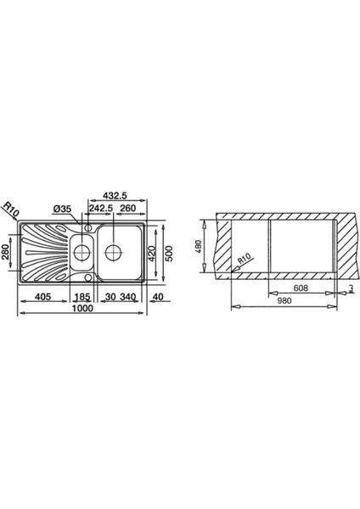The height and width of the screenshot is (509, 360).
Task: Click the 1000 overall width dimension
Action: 82,308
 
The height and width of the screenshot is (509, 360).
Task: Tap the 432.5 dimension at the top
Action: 115,195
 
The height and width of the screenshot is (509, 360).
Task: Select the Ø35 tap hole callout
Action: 62,209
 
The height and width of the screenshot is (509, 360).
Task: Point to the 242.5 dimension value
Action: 100,208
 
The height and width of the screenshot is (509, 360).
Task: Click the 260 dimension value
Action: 127,208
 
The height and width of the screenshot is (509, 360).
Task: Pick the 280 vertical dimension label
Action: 6,252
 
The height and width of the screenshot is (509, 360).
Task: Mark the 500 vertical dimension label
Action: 169,254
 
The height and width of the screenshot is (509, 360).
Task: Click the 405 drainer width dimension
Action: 43,297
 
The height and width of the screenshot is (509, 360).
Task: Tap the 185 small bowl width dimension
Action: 82,297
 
